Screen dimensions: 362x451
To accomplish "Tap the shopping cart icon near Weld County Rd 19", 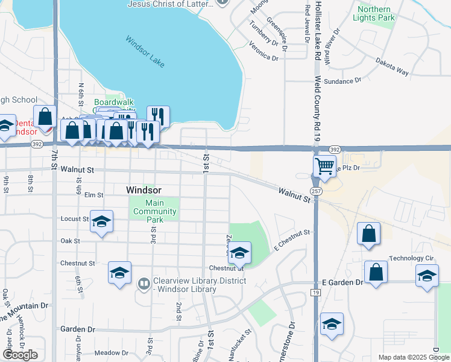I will tap(324, 165).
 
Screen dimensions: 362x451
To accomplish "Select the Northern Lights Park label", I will tap(376, 13).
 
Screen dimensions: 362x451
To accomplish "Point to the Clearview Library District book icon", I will tap(144, 283).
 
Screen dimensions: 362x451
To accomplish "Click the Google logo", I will tap(20, 355).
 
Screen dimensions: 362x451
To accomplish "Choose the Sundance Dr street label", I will tap(342, 80).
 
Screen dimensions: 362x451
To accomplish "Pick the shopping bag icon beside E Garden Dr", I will tap(376, 271).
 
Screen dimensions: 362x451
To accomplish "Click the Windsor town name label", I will tap(144, 189).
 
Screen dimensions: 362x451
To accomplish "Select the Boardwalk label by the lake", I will tap(114, 103).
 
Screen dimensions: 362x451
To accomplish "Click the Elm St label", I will tap(94, 195).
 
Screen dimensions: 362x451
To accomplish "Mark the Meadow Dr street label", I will tap(108, 352).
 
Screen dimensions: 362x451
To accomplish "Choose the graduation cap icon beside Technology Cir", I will tap(427, 275).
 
